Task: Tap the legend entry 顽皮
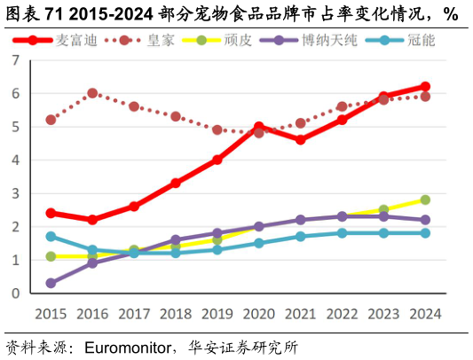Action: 239,40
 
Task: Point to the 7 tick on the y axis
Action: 15,60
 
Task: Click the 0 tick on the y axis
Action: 15,293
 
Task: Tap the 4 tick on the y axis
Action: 15,160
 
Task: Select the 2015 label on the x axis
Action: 51,314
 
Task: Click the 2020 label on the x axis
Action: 258,314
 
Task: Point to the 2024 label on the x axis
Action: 425,314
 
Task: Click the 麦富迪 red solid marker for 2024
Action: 425,87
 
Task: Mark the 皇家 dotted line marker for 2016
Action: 92,93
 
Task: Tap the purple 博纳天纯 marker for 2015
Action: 51,284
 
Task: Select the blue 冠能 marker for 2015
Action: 51,237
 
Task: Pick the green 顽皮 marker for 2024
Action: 425,200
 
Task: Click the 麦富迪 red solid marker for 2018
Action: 176,184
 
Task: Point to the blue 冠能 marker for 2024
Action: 425,233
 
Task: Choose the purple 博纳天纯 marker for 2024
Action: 425,220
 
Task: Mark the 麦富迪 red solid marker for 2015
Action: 51,213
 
